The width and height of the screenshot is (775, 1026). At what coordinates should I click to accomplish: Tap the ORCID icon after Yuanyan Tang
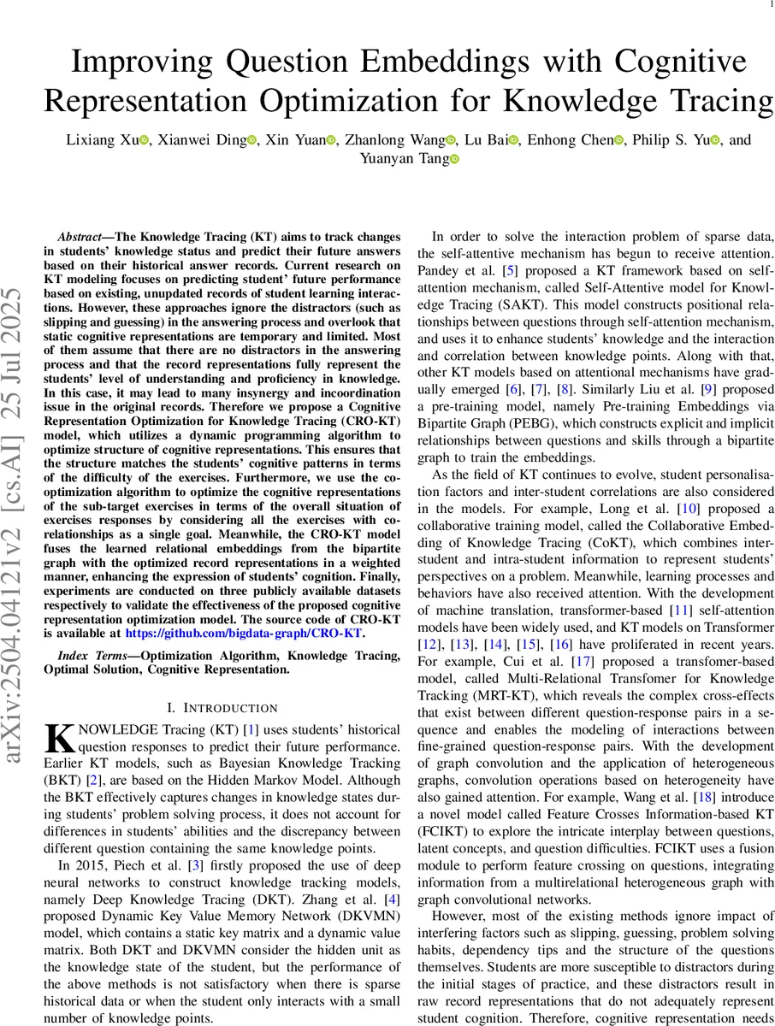click(x=454, y=158)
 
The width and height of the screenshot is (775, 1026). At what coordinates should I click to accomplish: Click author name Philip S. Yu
click(x=673, y=139)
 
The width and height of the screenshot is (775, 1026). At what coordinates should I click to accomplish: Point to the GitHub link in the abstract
click(x=244, y=634)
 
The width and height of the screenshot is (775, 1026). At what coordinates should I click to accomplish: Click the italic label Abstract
click(x=83, y=236)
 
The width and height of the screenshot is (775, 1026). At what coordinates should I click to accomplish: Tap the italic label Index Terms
click(x=84, y=656)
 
